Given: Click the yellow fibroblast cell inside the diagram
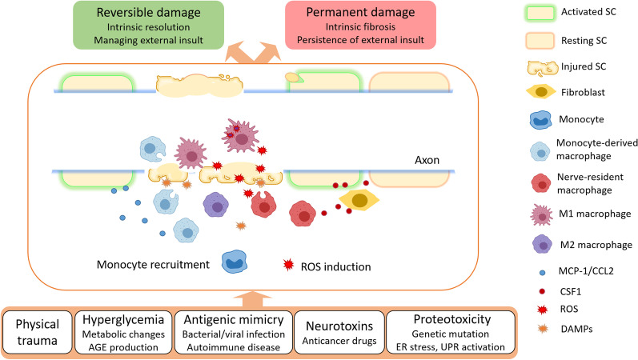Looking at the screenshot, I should (x=360, y=201).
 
